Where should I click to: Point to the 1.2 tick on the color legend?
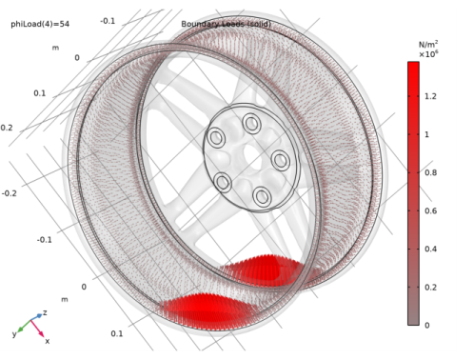(x=431, y=97)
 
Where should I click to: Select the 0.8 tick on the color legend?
(x=431, y=173)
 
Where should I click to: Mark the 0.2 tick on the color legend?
(x=431, y=287)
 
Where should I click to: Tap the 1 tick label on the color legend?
(x=427, y=135)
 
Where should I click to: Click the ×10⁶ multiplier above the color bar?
(x=427, y=54)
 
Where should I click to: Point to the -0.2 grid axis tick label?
(x=9, y=193)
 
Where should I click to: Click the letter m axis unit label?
(x=54, y=47)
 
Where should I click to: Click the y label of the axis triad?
(x=15, y=333)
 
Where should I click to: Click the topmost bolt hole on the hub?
(x=252, y=122)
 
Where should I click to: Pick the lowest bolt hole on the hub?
(x=262, y=196)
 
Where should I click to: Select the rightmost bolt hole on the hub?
(x=281, y=159)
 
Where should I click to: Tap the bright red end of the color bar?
(x=413, y=76)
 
